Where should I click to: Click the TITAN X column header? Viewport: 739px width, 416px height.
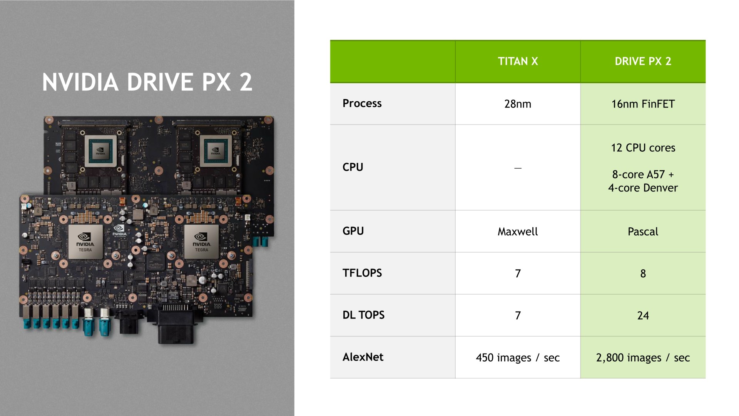pos(518,61)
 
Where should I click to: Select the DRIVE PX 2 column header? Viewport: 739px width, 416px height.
pos(643,61)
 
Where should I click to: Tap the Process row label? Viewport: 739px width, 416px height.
pos(362,103)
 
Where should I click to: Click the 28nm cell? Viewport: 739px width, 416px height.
pos(518,104)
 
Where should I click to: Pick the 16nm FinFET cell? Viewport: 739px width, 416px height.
pos(643,104)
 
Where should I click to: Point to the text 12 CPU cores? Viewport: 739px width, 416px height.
pos(643,148)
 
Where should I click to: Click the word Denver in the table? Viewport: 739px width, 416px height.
pos(660,188)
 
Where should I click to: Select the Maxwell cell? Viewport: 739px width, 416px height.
pos(518,231)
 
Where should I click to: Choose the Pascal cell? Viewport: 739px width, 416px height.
pos(643,231)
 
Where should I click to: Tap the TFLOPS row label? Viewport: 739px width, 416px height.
pos(362,273)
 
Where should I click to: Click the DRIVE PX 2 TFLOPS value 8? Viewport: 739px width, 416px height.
pos(643,273)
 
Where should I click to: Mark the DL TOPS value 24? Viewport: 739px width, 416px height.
pos(643,315)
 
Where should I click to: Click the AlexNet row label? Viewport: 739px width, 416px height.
pos(363,357)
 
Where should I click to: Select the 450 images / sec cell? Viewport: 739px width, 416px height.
pos(518,358)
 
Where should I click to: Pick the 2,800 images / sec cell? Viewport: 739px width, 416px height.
pos(643,358)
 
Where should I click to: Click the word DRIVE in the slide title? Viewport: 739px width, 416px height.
pos(160,82)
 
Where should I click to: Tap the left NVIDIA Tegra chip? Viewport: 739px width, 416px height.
pos(85,242)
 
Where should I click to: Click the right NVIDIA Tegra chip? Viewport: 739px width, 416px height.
pos(201,242)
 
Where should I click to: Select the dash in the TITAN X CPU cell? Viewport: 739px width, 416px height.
pos(518,168)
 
